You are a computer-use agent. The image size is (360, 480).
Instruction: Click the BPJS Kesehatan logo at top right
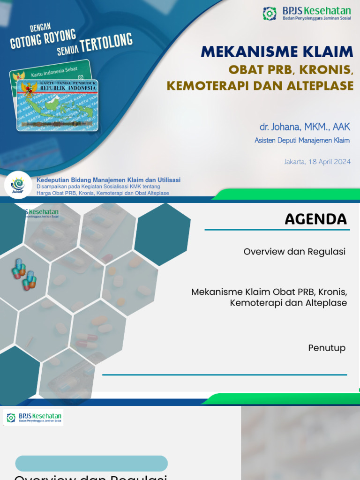[x=306, y=14]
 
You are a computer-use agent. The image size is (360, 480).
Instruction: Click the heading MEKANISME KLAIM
[x=277, y=52]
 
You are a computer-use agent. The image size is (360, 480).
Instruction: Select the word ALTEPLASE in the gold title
[x=316, y=85]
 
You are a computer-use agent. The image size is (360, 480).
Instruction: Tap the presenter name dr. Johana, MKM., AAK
[x=305, y=127]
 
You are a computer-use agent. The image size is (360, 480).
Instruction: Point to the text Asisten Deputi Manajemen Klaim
[x=302, y=140]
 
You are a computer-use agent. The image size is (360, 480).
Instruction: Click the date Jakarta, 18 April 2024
[x=317, y=162]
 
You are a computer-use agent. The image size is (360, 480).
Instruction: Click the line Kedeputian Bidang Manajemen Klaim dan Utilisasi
[x=108, y=180]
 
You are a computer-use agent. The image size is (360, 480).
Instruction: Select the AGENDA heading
[x=315, y=219]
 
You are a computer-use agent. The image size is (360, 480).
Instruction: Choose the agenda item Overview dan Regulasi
[x=294, y=252]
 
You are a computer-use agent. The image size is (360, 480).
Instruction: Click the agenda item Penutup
[x=327, y=348]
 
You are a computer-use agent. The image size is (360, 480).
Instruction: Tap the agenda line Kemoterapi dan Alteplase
[x=288, y=303]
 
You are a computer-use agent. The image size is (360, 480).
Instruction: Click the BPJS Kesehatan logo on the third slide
[x=33, y=417]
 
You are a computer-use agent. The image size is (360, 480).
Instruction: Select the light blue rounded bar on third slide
[x=91, y=463]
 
